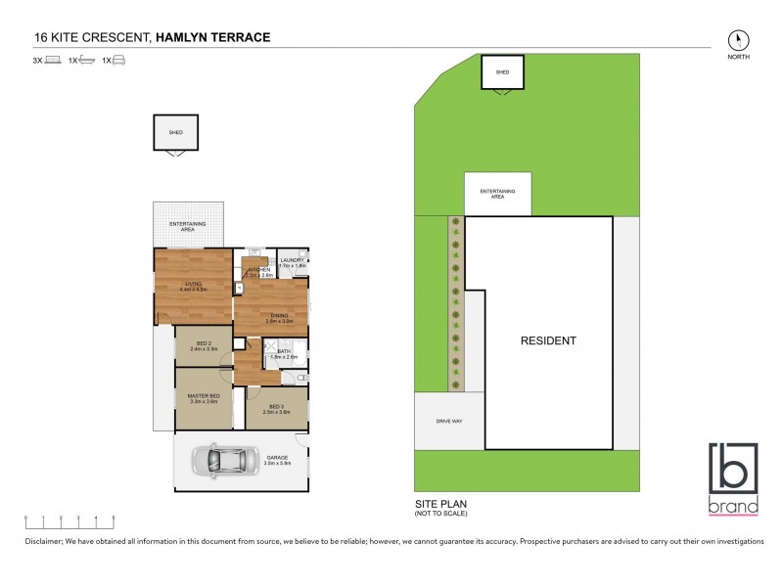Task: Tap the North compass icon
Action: coord(739,40)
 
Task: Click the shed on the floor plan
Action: coord(176,133)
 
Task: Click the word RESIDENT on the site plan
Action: coord(548,340)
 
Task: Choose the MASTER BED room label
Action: coord(204,398)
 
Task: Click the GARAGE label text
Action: coord(279,459)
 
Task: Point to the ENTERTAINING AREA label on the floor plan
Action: coord(188,226)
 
